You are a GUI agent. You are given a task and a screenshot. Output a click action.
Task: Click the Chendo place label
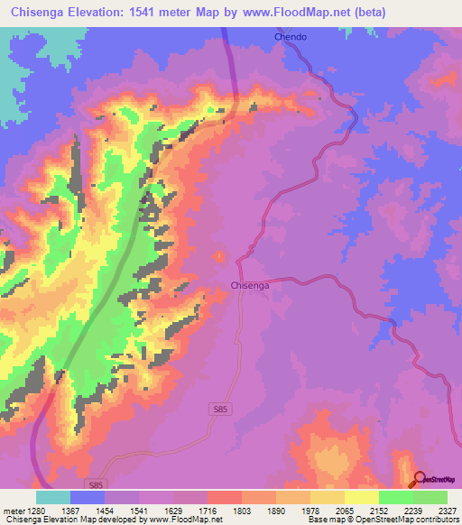(291, 37)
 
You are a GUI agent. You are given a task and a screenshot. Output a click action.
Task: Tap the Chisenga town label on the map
(249, 285)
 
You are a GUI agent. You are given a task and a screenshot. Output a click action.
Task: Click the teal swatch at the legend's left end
(52, 497)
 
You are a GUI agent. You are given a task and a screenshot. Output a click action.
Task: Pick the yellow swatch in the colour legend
(361, 497)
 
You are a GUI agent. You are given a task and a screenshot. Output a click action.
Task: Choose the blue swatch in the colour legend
(87, 497)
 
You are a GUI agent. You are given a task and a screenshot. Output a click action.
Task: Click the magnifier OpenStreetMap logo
(419, 479)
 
